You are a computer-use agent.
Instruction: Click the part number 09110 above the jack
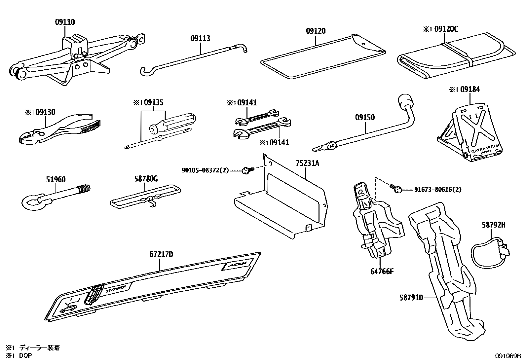coord(65,22)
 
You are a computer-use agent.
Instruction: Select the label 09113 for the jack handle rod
coord(200,38)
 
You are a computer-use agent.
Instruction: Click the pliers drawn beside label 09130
coord(59,129)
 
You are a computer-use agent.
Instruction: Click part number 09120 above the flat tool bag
coord(316,31)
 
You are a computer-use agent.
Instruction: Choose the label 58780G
coord(146,179)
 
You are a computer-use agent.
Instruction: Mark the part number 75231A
coord(308,163)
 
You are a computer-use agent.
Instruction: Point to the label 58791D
coord(411,298)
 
